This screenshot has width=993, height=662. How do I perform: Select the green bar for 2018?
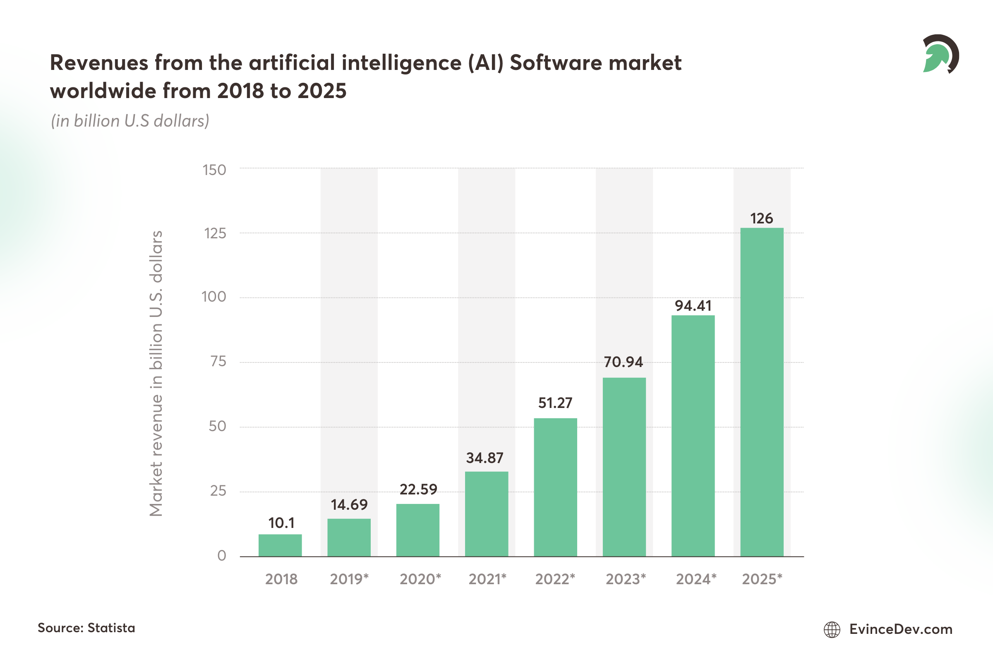pyautogui.click(x=280, y=545)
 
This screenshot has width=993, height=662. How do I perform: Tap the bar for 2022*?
pyautogui.click(x=555, y=487)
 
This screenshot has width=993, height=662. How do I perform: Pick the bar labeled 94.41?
pyautogui.click(x=693, y=436)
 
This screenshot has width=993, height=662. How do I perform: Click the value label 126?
pyautogui.click(x=761, y=218)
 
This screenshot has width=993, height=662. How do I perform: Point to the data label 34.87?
pyautogui.click(x=485, y=458)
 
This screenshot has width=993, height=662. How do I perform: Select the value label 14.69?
pyautogui.click(x=349, y=504)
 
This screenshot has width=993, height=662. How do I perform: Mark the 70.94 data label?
pyautogui.click(x=623, y=362)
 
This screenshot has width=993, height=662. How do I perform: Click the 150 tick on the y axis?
pyautogui.click(x=214, y=170)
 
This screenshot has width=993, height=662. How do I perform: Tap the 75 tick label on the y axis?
pyautogui.click(x=218, y=361)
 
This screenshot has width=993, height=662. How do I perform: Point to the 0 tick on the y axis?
pyautogui.click(x=222, y=556)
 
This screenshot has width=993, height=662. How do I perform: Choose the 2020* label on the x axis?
pyautogui.click(x=420, y=579)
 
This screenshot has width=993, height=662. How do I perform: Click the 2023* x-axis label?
pyautogui.click(x=626, y=579)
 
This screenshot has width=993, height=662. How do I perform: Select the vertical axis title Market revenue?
pyautogui.click(x=156, y=373)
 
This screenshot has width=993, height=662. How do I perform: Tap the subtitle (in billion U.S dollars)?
pyautogui.click(x=130, y=121)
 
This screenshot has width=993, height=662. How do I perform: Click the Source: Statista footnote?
pyautogui.click(x=86, y=628)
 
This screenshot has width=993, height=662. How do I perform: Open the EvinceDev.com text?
pyautogui.click(x=901, y=629)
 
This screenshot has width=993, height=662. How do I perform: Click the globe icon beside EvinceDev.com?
pyautogui.click(x=832, y=629)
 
